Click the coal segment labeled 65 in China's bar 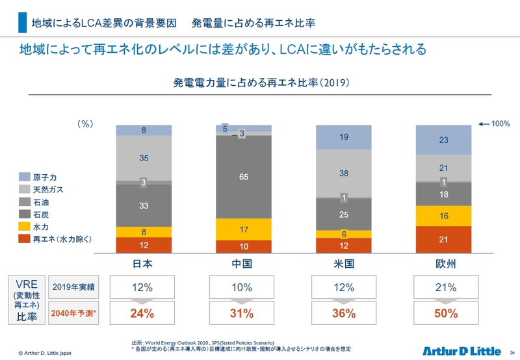tap(243, 176)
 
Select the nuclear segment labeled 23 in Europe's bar tap(443, 139)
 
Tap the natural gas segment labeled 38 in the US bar tap(343, 174)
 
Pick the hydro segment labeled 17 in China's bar tap(243, 229)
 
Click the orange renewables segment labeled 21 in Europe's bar tap(443, 240)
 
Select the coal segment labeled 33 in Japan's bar tap(144, 205)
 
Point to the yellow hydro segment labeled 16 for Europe tap(443, 214)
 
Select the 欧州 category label tap(443, 264)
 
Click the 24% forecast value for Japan tap(142, 313)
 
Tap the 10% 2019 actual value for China tap(242, 287)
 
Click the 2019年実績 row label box tap(73, 287)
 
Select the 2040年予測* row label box tap(73, 313)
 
